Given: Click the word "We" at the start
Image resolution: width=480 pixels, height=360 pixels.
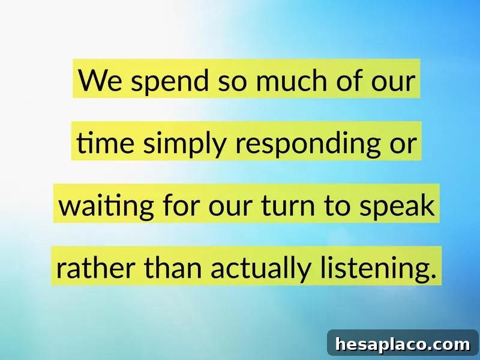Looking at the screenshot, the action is click(100, 80).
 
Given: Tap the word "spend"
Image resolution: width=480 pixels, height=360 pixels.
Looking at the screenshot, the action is click(170, 82).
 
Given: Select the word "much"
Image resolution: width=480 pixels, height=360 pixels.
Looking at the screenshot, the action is click(292, 80).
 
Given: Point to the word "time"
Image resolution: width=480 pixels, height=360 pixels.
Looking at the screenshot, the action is click(105, 143).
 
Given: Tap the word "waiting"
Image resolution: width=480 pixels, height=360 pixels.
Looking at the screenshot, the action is click(106, 206).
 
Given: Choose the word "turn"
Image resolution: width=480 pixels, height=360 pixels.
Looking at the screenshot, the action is click(288, 205).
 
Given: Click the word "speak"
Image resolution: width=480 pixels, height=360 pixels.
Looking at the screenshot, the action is click(397, 206).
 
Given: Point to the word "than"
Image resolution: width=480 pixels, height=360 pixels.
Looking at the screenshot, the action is click(173, 267).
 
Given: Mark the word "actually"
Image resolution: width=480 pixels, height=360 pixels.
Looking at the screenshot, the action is click(260, 268).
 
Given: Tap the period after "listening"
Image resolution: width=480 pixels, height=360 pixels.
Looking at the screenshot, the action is click(433, 275).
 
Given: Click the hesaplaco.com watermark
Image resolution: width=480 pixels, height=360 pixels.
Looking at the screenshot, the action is click(403, 344).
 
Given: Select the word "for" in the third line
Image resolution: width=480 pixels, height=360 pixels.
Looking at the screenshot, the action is click(181, 205).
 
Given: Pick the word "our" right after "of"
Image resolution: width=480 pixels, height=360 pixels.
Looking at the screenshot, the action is click(393, 82).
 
